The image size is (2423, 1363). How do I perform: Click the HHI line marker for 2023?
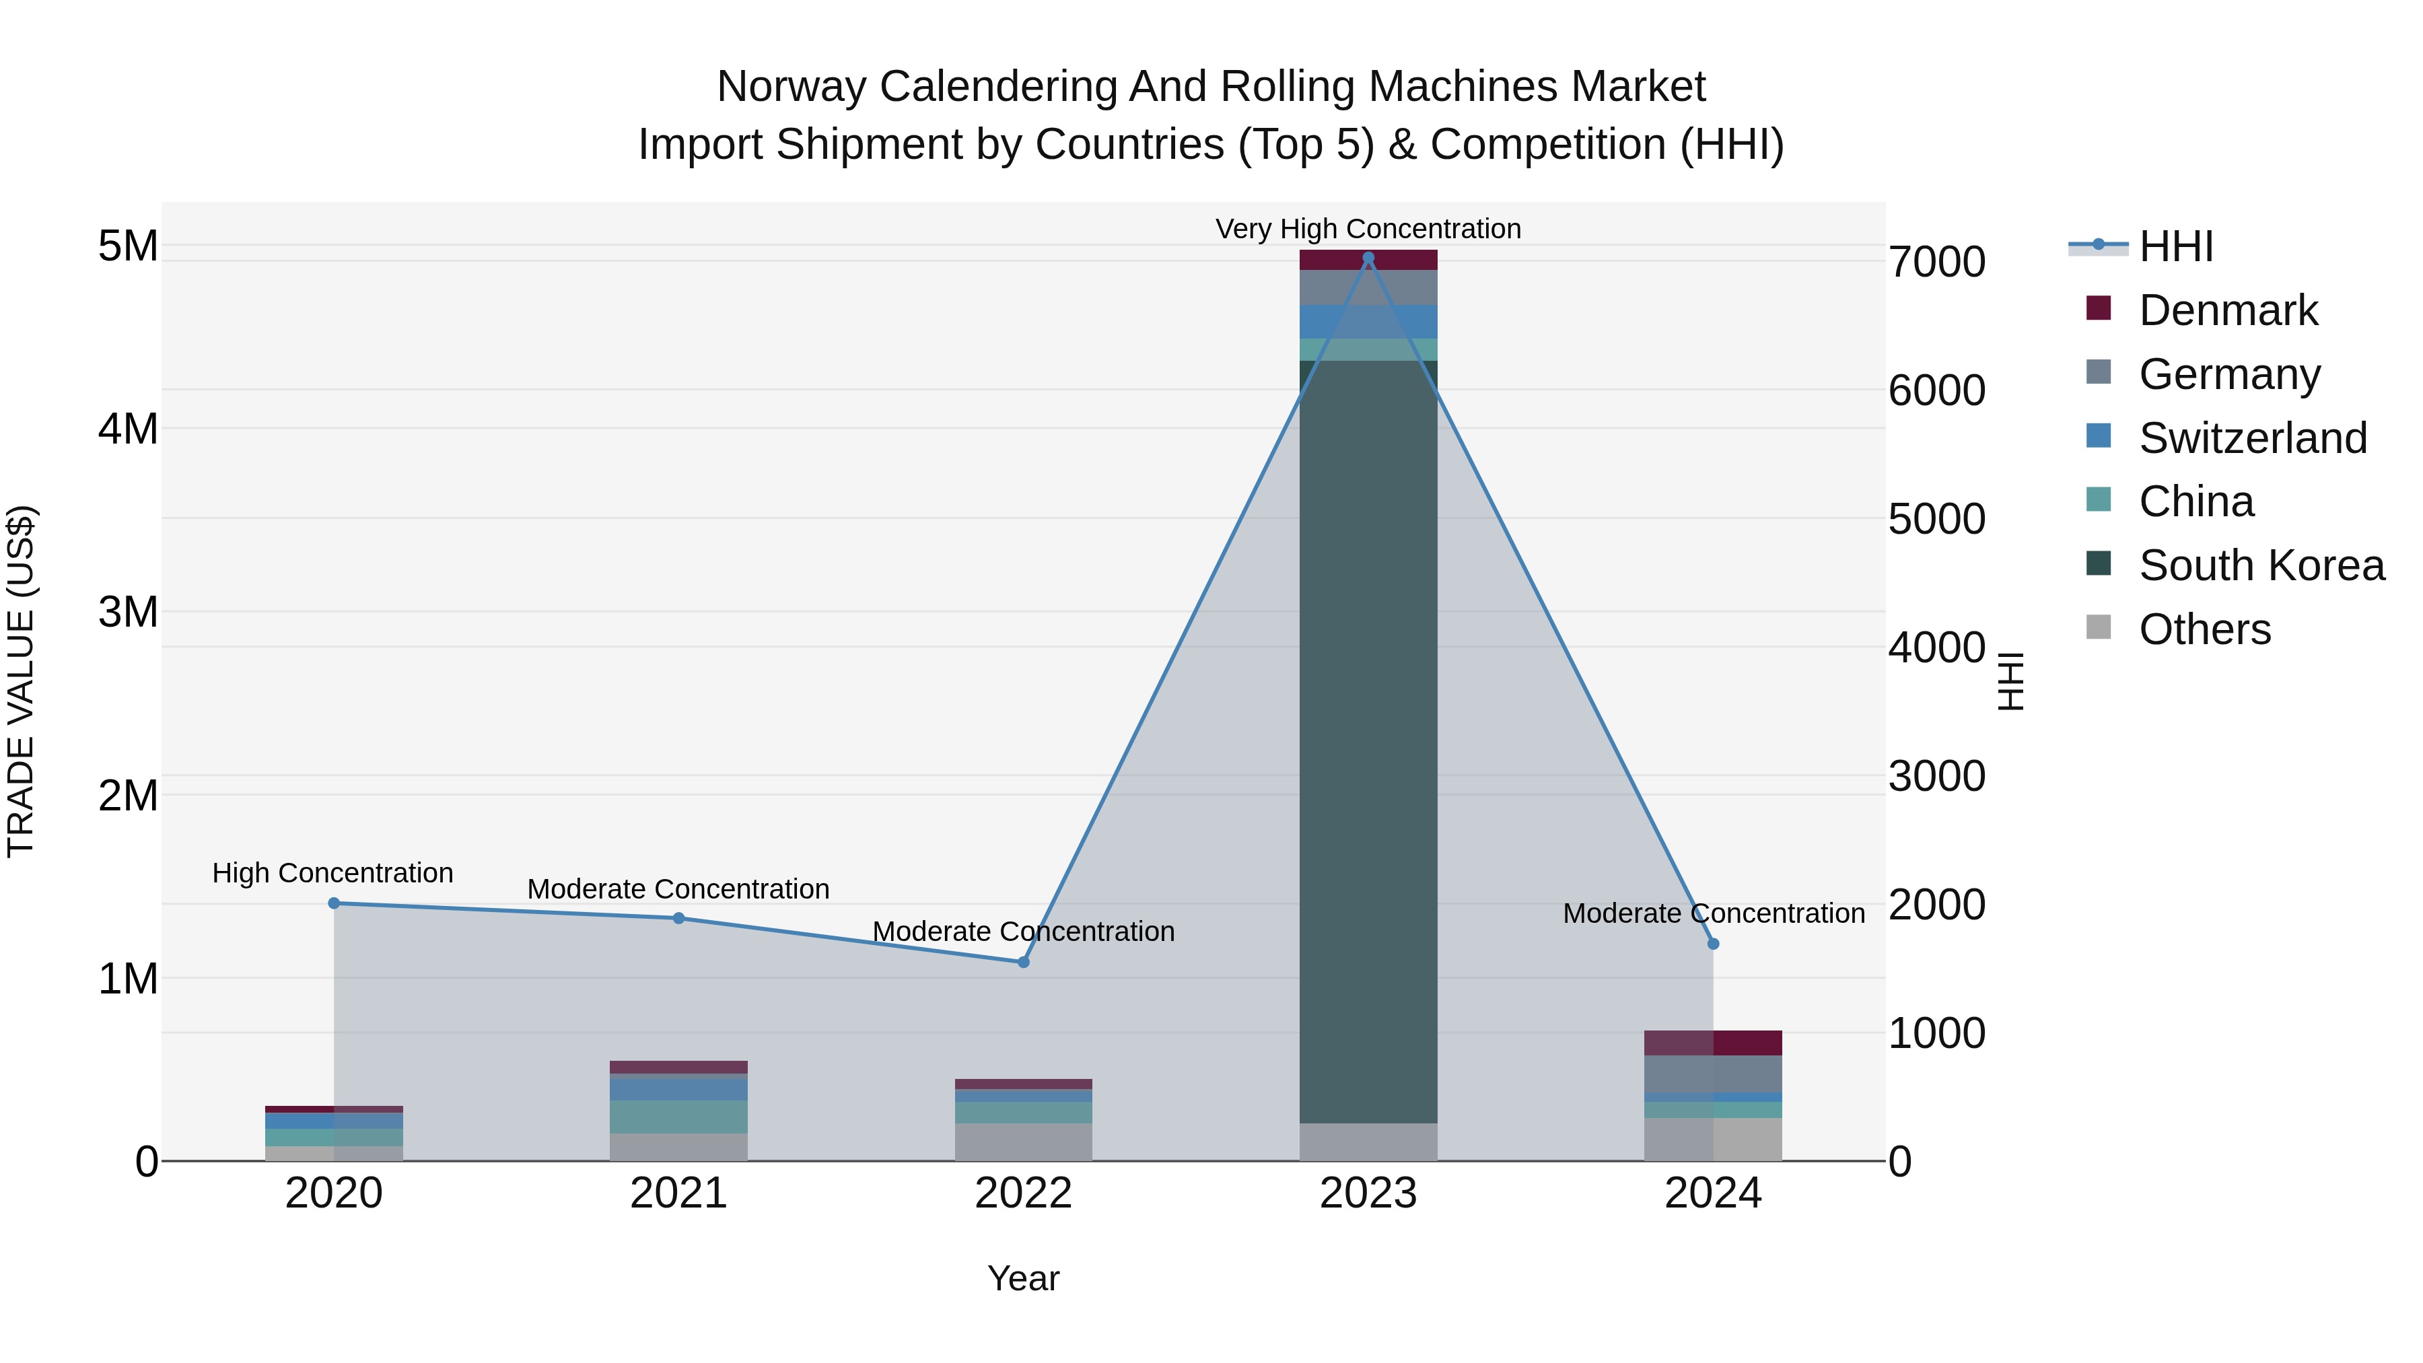coord(1368,258)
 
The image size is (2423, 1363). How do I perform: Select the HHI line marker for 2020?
coord(334,903)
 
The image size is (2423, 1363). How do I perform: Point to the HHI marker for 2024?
coord(1713,944)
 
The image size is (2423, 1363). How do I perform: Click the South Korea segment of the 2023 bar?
coord(1368,743)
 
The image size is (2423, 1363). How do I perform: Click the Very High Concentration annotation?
coord(1368,229)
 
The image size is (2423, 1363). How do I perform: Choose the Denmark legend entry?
coord(2227,310)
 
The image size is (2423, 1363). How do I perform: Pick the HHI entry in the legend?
coord(2175,246)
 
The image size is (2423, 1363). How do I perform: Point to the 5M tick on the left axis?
coord(128,246)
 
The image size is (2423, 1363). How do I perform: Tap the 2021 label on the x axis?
coord(678,1193)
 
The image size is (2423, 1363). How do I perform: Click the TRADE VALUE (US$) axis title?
coord(22,681)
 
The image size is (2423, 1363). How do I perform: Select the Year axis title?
coord(1023,1278)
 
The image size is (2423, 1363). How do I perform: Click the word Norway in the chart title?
coord(791,87)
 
